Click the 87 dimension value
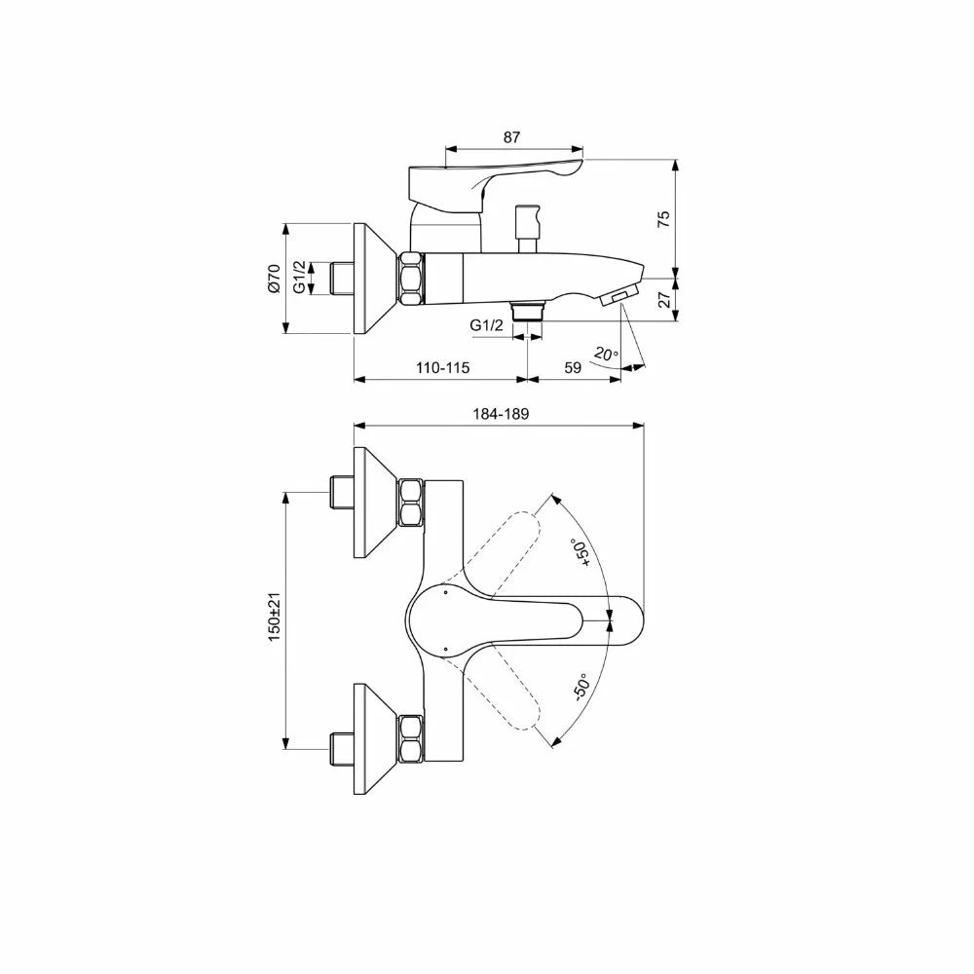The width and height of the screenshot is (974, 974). click(x=511, y=137)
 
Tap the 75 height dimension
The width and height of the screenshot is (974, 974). click(x=664, y=218)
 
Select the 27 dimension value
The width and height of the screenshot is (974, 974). click(x=664, y=299)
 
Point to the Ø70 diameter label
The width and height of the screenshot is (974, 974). click(x=274, y=279)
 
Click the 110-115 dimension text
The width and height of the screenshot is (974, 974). click(x=442, y=368)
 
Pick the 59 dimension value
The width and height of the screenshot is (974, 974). click(x=573, y=368)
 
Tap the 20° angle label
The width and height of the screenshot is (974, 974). click(x=606, y=355)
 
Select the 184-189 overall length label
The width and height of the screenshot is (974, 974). click(x=501, y=414)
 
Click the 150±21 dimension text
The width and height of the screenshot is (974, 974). click(x=275, y=617)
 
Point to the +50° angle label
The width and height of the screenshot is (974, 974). click(x=581, y=554)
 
